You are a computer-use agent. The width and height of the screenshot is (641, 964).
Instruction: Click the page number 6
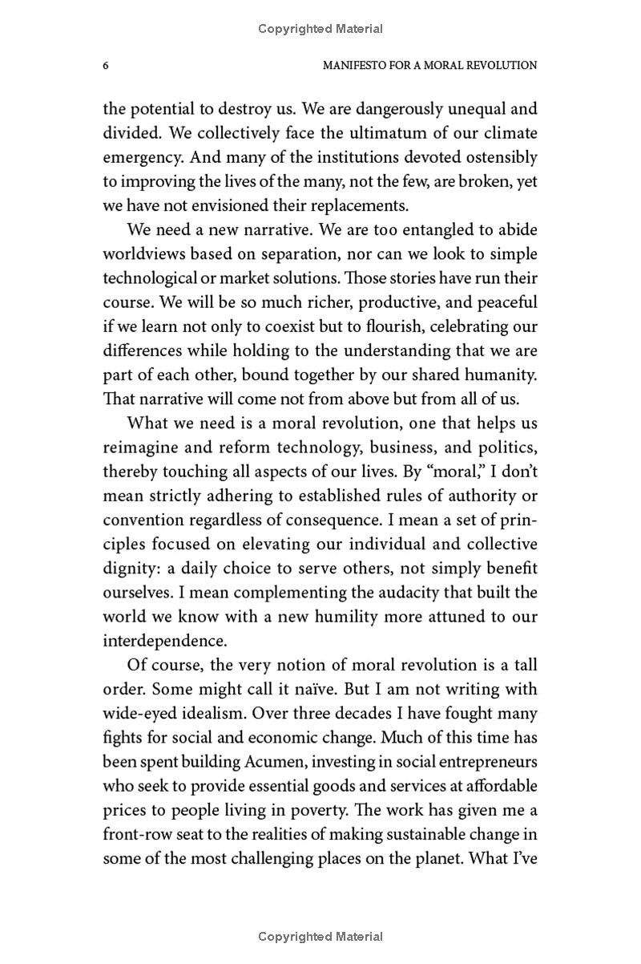pos(106,65)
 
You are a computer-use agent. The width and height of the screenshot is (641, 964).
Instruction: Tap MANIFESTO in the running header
pos(354,65)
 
